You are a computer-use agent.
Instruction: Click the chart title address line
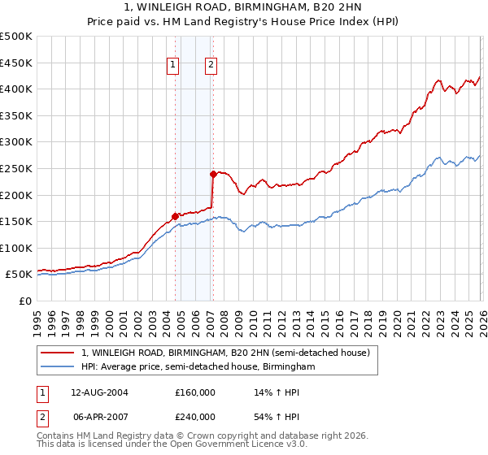tap(244, 7)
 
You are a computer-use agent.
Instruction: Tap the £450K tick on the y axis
tap(16, 63)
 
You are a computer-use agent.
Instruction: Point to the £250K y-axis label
tap(16, 168)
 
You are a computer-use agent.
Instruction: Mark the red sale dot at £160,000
tap(175, 216)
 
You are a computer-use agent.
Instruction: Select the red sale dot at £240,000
tap(213, 173)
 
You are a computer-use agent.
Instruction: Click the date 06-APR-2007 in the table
tap(99, 416)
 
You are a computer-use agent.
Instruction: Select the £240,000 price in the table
tap(195, 416)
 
